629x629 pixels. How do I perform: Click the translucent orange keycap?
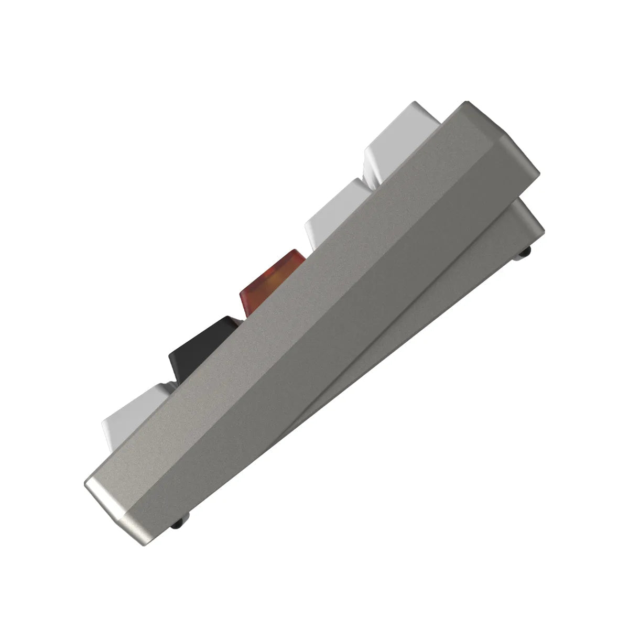click(x=273, y=280)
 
